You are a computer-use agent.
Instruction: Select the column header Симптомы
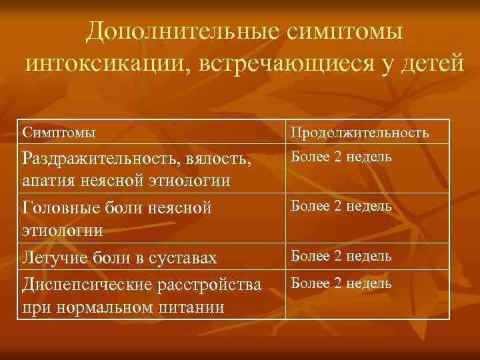coord(59,132)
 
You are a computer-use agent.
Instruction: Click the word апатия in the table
coord(47,180)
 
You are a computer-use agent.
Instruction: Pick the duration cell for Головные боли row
coord(341,206)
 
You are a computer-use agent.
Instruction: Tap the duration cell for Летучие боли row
coord(341,255)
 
